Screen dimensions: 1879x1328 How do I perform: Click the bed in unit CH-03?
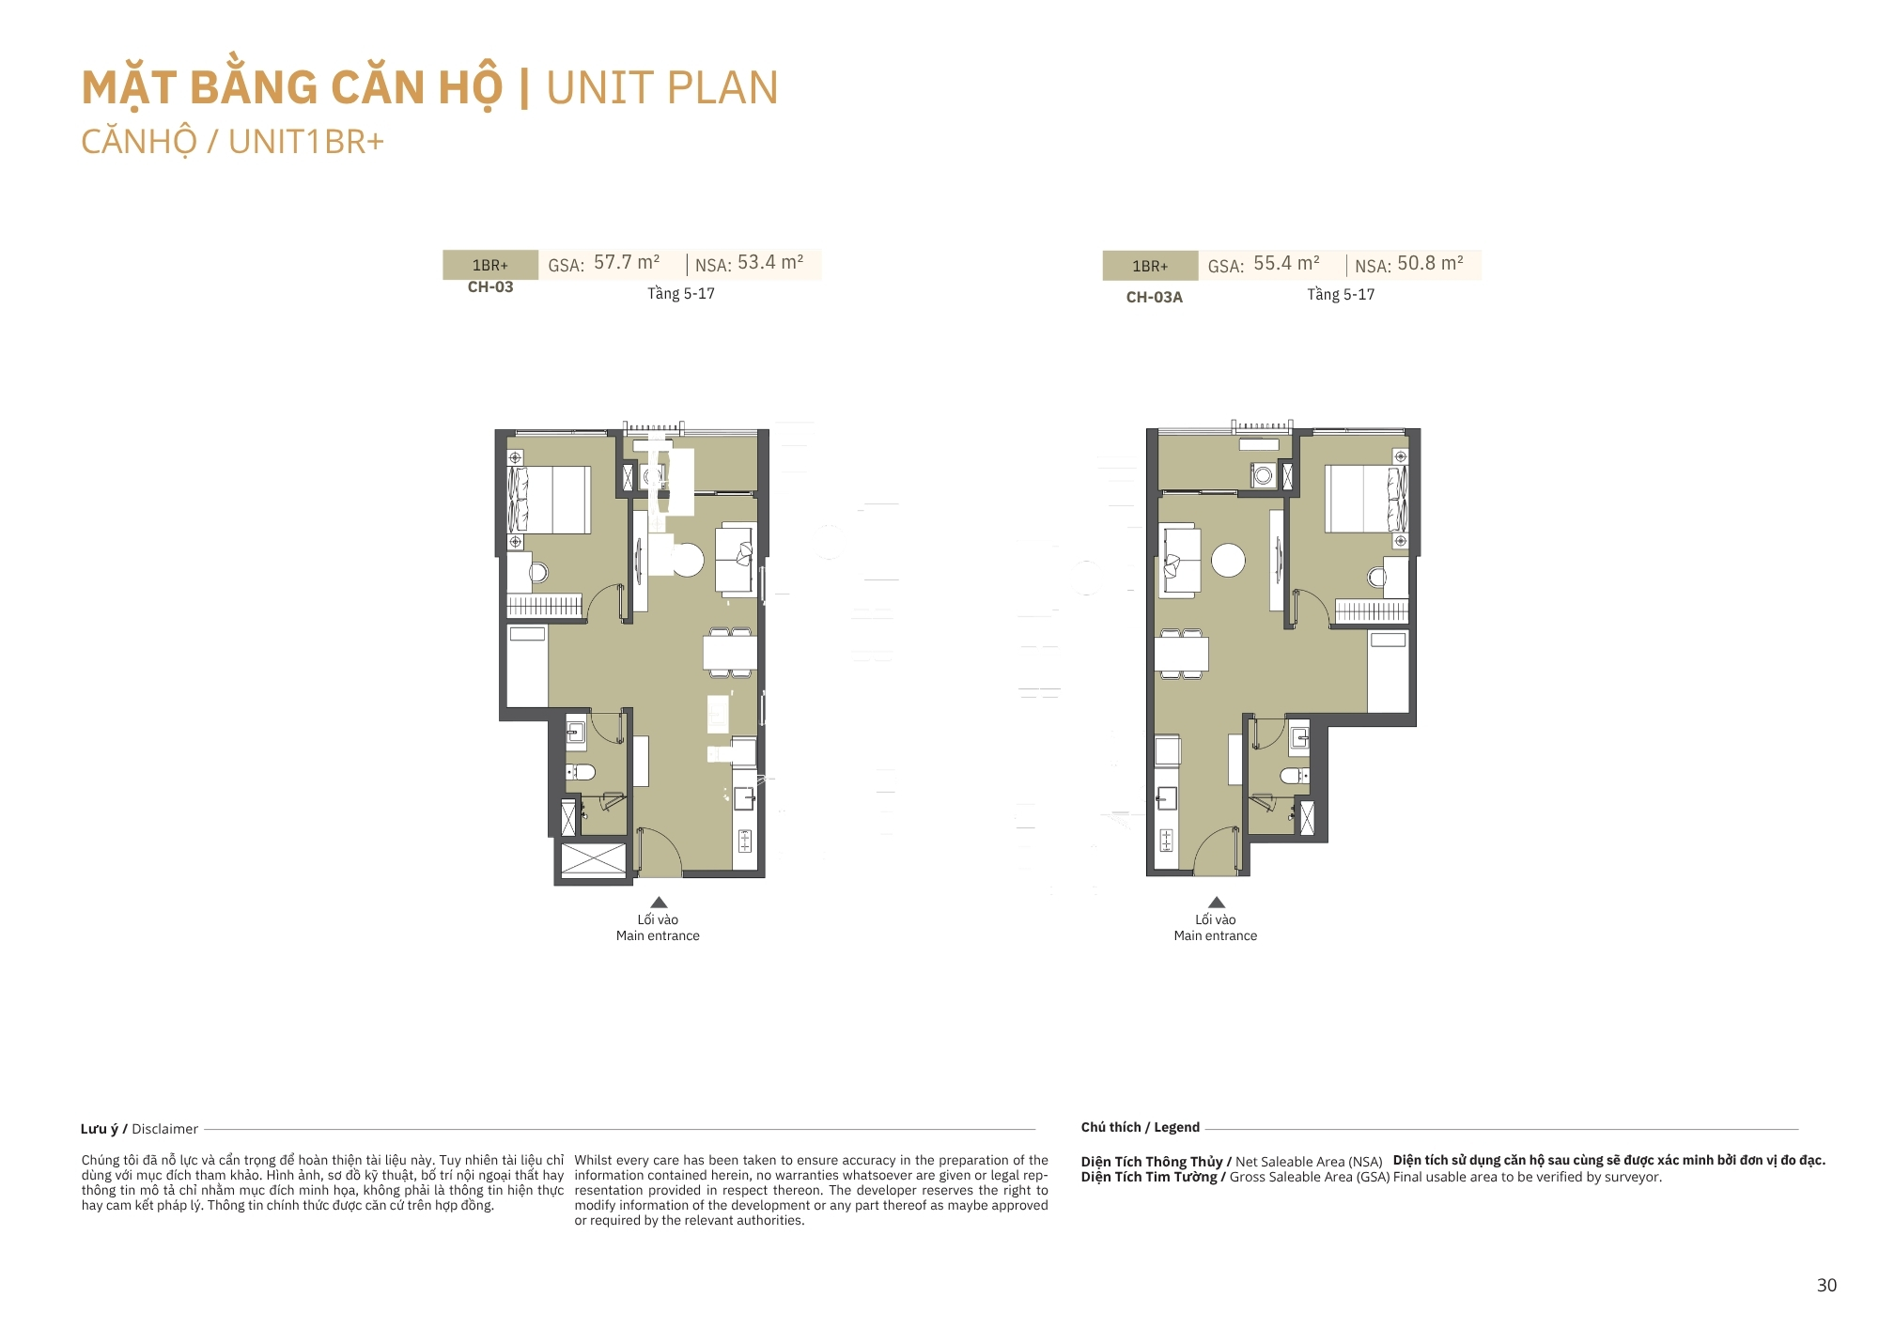click(x=550, y=500)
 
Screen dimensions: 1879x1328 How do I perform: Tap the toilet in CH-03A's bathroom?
click(x=1295, y=776)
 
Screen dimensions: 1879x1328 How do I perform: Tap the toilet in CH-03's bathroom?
click(x=581, y=772)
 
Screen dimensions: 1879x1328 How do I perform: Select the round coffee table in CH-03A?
click(x=1228, y=561)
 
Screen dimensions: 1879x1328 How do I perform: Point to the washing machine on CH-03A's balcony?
click(x=1264, y=475)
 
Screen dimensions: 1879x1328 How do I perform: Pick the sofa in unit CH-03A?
click(x=1181, y=560)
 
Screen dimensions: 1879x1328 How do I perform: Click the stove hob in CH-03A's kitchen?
click(x=1166, y=841)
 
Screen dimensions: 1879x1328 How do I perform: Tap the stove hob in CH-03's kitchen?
click(x=745, y=841)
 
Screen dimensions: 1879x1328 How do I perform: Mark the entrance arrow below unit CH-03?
click(x=659, y=903)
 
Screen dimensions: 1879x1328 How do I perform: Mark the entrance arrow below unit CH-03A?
click(x=1217, y=903)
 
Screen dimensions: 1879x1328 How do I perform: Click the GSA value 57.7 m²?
click(x=627, y=263)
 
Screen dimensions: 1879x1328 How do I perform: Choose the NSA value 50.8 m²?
click(x=1430, y=264)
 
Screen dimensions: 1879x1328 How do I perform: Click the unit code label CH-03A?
click(x=1155, y=298)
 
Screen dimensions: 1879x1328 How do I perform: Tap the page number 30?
click(x=1826, y=1286)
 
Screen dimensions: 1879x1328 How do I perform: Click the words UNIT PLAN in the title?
click(x=662, y=88)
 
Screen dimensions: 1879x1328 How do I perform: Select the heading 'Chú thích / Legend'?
click(x=1141, y=1127)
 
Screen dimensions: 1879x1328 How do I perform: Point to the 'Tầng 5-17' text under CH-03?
click(x=681, y=294)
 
